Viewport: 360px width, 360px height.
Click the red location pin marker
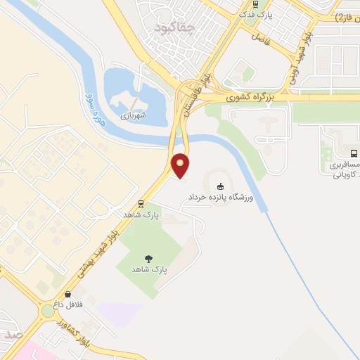coord(181,165)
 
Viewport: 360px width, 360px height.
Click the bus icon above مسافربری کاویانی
coord(353,153)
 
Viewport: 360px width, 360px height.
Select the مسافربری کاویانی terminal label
coord(345,168)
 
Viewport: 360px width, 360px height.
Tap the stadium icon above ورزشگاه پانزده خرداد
coord(221,187)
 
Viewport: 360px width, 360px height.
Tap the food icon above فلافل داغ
coord(68,295)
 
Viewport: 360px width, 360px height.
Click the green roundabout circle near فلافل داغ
coord(46,309)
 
